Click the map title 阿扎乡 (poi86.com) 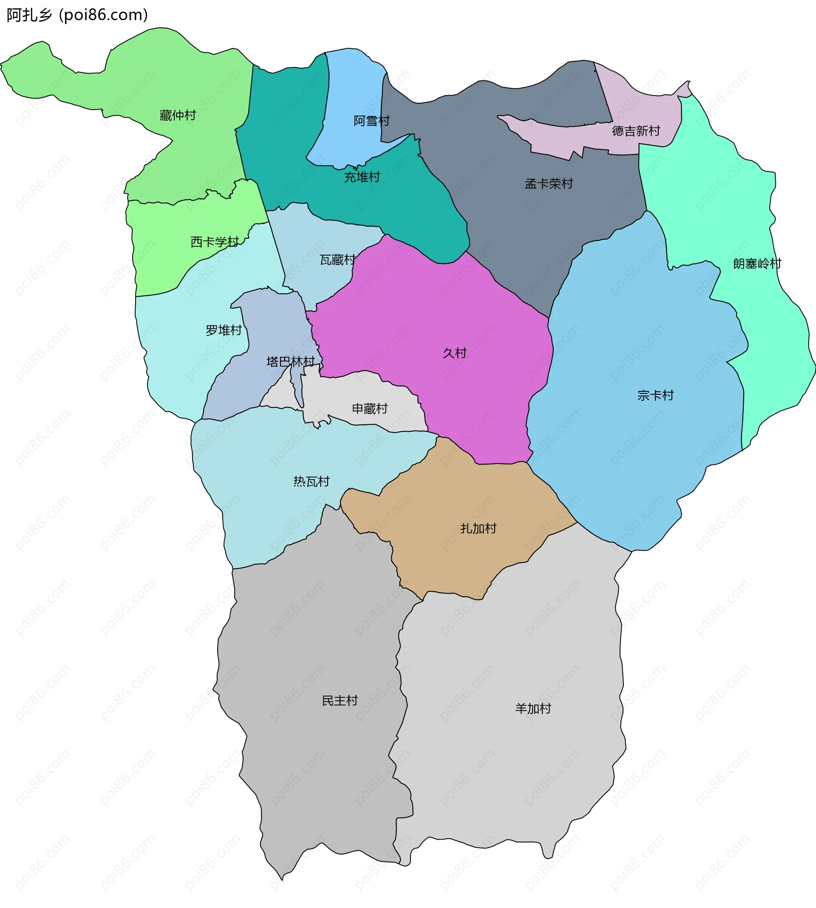pyautogui.click(x=77, y=15)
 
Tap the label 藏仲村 pyautogui.click(x=178, y=116)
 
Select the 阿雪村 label pyautogui.click(x=372, y=121)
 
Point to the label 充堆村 pyautogui.click(x=362, y=178)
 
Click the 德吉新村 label pyautogui.click(x=636, y=131)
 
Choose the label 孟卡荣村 pyautogui.click(x=549, y=184)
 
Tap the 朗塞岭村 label pyautogui.click(x=757, y=263)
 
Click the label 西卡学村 pyautogui.click(x=215, y=242)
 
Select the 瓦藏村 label pyautogui.click(x=337, y=260)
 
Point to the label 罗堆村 pyautogui.click(x=224, y=330)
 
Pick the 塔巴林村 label pyautogui.click(x=291, y=362)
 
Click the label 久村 pyautogui.click(x=455, y=353)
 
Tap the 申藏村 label pyautogui.click(x=370, y=409)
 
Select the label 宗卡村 pyautogui.click(x=655, y=395)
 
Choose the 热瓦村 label pyautogui.click(x=312, y=481)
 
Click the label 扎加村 pyautogui.click(x=479, y=529)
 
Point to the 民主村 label pyautogui.click(x=340, y=701)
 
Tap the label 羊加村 pyautogui.click(x=533, y=709)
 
